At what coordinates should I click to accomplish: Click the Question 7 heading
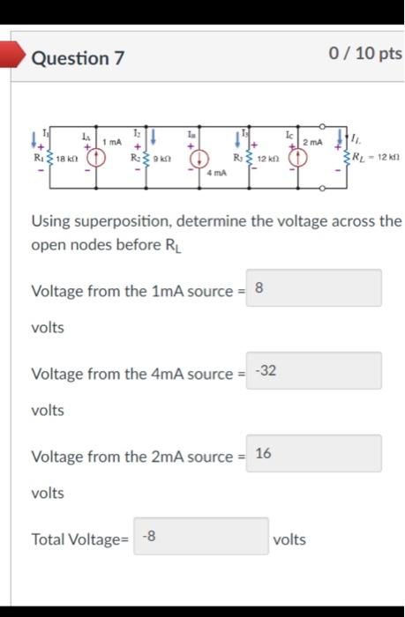point(78,58)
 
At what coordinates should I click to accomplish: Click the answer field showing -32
point(313,370)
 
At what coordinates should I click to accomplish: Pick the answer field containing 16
point(313,453)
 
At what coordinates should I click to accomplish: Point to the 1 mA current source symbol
point(94,158)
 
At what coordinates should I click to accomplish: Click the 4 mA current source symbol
point(201,159)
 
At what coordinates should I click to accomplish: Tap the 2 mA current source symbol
point(300,158)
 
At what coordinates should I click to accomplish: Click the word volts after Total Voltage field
point(290,539)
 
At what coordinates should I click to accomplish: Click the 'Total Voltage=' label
point(80,539)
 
